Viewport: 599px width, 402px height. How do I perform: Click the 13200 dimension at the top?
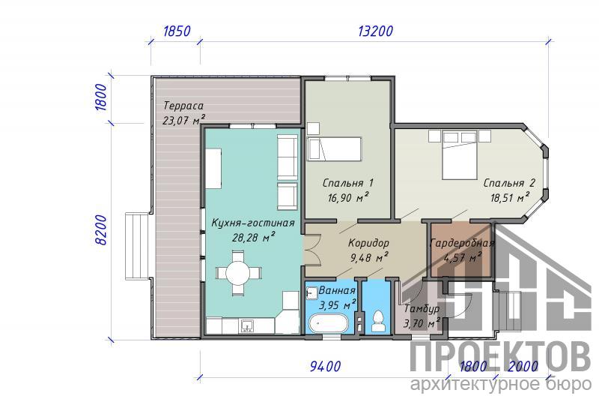pos(375,31)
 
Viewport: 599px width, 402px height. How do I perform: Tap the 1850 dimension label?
pos(177,31)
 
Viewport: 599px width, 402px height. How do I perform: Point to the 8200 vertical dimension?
pos(101,230)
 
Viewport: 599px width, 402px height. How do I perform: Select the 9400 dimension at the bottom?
pos(325,367)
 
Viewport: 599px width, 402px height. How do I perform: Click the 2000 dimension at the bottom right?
pos(523,367)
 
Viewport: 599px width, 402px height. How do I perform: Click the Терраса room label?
pos(183,105)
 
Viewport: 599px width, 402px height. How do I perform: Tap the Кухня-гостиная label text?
pos(253,223)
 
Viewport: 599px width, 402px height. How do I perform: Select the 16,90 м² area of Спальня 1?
pos(347,197)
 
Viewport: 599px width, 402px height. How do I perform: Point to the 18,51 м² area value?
pos(510,197)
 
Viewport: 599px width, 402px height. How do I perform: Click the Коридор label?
pos(368,243)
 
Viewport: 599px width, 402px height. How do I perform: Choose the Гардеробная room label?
pos(462,243)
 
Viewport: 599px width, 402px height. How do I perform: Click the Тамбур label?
pos(422,308)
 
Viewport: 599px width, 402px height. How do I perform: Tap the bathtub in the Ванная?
pos(328,323)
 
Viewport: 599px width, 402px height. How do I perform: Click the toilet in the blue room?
pos(378,322)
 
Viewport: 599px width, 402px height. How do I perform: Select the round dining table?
pos(238,273)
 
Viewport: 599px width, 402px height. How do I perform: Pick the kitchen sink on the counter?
pos(248,326)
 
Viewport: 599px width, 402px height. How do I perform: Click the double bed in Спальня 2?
pos(460,155)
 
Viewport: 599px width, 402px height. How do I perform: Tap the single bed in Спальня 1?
pos(334,149)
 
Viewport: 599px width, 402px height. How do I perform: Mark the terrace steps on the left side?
pos(137,247)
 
